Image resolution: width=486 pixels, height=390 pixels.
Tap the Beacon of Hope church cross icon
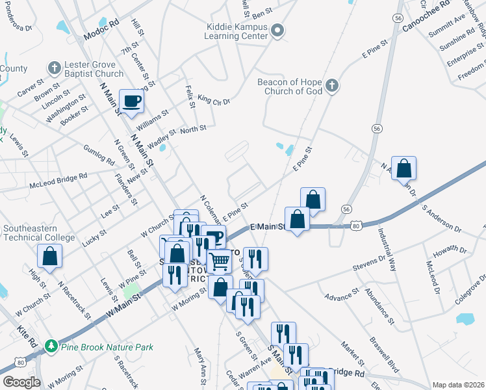point(331,86)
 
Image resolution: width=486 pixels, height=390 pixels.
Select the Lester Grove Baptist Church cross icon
point(53,68)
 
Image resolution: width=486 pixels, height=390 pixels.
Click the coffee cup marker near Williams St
point(132,101)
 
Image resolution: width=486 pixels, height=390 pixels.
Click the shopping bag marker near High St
point(49,257)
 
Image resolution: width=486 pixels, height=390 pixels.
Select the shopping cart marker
point(220,262)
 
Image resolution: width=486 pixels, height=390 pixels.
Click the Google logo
point(21,382)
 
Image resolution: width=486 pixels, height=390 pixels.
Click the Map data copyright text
point(458,384)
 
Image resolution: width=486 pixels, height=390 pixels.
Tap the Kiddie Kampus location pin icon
point(278,30)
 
